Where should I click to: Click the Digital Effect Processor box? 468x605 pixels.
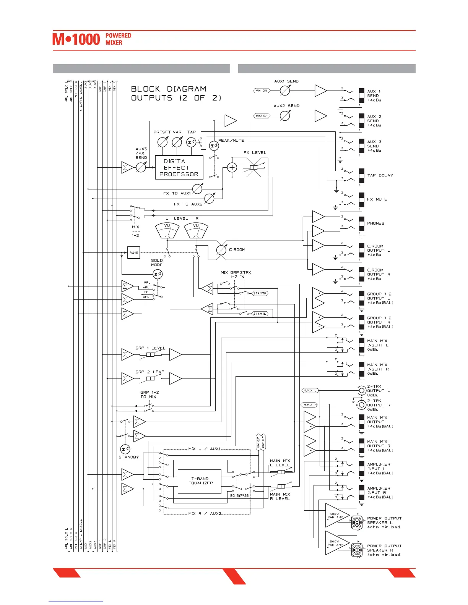(x=179, y=168)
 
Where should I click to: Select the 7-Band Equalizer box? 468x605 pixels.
(x=200, y=481)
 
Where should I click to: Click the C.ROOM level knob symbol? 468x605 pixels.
(x=221, y=250)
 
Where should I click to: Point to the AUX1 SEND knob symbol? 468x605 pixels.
(x=285, y=91)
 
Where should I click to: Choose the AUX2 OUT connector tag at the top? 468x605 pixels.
(x=262, y=116)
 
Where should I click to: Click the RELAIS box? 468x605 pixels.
(x=133, y=252)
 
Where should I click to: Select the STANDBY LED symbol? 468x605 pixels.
(x=125, y=449)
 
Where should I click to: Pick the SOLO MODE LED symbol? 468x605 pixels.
(x=157, y=274)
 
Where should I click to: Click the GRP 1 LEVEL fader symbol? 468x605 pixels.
(x=150, y=354)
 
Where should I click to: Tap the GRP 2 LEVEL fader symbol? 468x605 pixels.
(x=150, y=379)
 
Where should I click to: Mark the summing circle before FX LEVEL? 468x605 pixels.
(x=232, y=167)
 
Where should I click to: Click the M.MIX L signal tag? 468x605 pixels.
(x=310, y=390)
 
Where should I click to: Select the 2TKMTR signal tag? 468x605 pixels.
(x=260, y=293)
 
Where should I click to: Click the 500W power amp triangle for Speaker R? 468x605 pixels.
(x=336, y=543)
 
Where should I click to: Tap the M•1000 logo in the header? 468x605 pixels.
(x=76, y=39)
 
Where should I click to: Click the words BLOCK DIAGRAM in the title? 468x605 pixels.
(x=169, y=89)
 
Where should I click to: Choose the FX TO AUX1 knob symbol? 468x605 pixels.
(x=197, y=189)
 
